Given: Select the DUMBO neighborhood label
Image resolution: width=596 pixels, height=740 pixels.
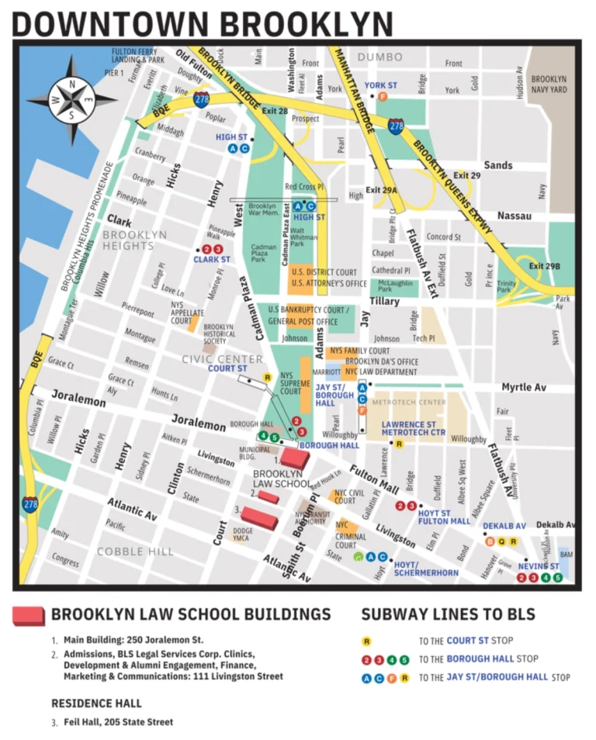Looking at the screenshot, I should tap(379, 57).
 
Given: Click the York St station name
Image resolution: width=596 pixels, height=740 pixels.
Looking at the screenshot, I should tap(381, 85).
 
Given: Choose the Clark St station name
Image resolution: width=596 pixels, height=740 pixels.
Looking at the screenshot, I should tap(211, 260).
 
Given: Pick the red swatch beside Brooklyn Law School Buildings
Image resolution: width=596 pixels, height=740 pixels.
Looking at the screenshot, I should tap(28, 616).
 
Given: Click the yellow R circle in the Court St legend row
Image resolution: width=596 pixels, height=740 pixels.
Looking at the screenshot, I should tap(367, 641).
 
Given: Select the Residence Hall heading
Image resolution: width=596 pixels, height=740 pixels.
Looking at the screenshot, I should tap(96, 704).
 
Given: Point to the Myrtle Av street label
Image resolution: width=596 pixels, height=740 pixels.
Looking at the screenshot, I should tap(523, 386).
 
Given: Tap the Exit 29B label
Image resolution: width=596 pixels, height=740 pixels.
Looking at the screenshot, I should tap(544, 266).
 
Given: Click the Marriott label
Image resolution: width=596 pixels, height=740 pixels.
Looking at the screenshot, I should tap(326, 372).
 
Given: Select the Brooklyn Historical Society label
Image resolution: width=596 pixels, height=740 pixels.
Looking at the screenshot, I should tap(218, 334).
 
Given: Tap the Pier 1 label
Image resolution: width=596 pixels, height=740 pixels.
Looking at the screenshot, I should tap(114, 73).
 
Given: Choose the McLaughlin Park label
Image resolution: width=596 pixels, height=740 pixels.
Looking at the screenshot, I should tap(401, 285).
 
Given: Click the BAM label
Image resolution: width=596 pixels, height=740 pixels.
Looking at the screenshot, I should tap(566, 555).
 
